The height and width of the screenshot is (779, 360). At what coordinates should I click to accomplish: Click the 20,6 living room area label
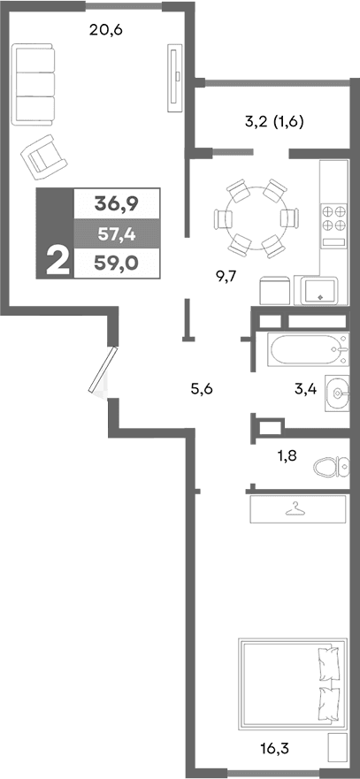[105, 31]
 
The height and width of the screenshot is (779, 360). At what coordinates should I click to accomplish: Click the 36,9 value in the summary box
[117, 204]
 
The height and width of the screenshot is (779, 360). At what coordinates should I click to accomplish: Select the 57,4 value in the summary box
[117, 234]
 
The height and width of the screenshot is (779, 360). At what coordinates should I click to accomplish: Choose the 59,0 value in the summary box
[117, 263]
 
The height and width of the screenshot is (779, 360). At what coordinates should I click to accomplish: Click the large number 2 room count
[56, 262]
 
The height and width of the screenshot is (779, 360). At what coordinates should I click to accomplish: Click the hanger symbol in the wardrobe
[295, 508]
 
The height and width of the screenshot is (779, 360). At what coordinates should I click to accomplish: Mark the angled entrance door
[103, 370]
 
